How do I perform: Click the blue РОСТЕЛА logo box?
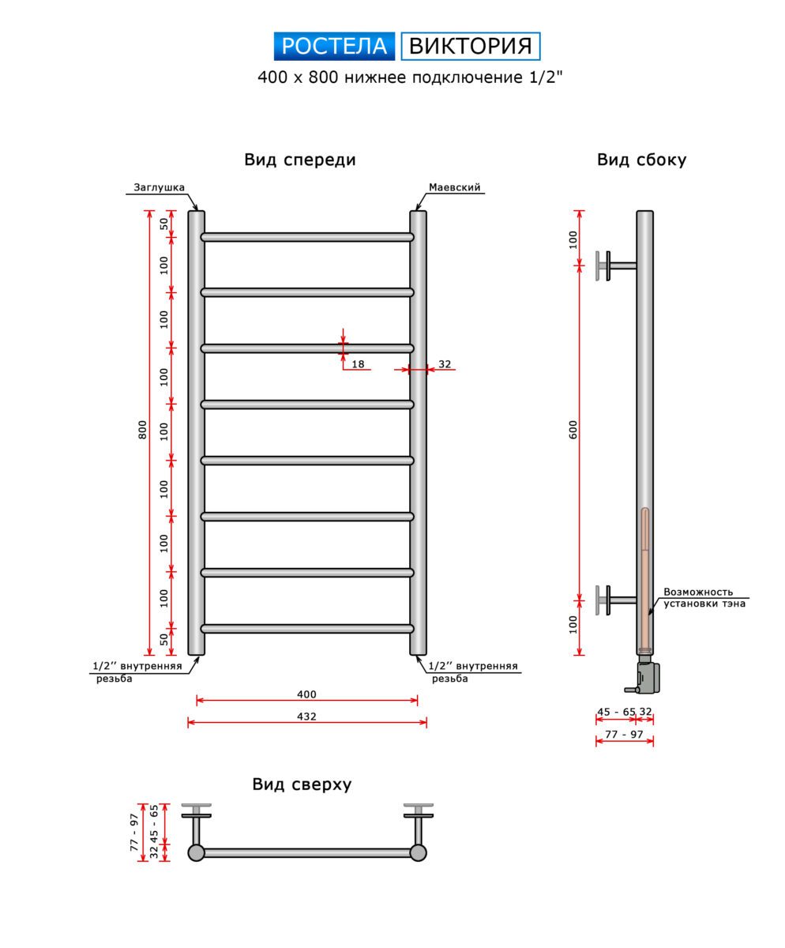(x=334, y=47)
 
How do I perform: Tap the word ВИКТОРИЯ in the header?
(x=470, y=47)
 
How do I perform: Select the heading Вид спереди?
(x=300, y=160)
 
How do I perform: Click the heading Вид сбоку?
(x=641, y=160)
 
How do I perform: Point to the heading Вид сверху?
(x=302, y=784)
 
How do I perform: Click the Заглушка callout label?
(x=159, y=188)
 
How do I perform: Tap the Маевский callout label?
(x=455, y=188)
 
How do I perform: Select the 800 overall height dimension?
(x=143, y=429)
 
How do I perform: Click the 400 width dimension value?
(x=306, y=694)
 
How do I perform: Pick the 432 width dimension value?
(x=306, y=717)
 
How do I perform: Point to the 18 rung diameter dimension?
(x=358, y=364)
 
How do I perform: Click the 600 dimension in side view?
(x=574, y=429)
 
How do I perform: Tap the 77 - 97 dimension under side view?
(x=624, y=735)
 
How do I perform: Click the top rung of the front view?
(x=306, y=237)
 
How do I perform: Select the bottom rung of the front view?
(x=306, y=629)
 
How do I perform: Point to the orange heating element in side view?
(x=645, y=577)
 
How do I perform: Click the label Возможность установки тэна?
(x=703, y=598)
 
